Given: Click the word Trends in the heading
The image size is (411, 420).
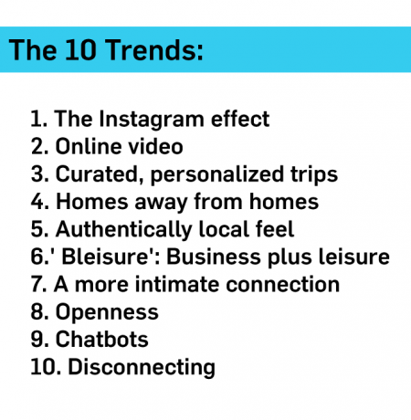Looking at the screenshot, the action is [154, 49].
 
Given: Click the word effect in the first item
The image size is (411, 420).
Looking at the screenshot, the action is [240, 119].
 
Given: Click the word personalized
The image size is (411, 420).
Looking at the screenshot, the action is [217, 175].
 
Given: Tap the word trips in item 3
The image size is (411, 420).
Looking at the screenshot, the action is [314, 175].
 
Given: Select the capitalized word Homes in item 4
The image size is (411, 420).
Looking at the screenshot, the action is [92, 202].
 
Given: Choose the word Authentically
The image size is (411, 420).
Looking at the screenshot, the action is [123, 230].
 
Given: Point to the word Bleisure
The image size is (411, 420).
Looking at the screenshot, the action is [104, 257].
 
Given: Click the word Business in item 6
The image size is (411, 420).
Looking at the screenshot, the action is [213, 257].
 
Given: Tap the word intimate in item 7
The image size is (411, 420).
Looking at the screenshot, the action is [177, 284].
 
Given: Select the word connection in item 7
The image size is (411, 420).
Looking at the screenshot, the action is [282, 284].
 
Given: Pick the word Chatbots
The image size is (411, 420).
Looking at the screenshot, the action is [101, 340].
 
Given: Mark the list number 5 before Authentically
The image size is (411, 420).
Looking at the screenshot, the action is [37, 229].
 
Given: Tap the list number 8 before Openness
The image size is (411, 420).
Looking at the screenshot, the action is [37, 312].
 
